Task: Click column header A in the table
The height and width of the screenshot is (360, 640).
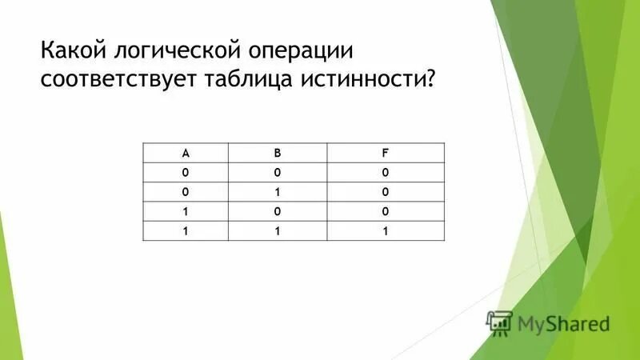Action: click(x=185, y=153)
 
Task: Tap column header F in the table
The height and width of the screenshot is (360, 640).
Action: click(x=385, y=153)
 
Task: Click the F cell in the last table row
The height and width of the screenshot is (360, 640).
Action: click(x=385, y=230)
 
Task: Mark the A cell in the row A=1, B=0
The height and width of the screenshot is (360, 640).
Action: click(x=185, y=211)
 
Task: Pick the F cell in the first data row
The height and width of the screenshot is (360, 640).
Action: click(x=385, y=172)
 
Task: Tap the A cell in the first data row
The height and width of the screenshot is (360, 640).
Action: click(x=185, y=172)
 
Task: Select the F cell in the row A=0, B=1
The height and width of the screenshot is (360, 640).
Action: click(x=385, y=192)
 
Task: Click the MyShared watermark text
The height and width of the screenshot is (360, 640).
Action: click(x=563, y=324)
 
